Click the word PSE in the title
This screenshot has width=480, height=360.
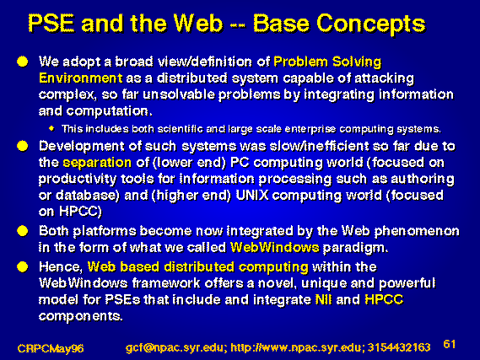point(51,24)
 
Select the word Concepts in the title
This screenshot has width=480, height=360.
point(371,25)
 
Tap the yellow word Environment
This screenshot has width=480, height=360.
point(81,78)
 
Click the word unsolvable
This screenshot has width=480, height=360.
point(179,94)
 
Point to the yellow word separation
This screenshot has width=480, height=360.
point(97,163)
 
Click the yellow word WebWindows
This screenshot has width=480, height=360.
point(275,247)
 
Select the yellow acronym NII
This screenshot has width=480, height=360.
point(324,299)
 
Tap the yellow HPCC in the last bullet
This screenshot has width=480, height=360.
point(384,299)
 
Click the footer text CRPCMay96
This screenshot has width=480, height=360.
point(51,348)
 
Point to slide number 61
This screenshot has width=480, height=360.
point(450,344)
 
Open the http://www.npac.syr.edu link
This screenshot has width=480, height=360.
point(297,347)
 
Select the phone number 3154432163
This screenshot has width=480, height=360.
point(399,347)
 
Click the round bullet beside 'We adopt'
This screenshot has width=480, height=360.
point(22,62)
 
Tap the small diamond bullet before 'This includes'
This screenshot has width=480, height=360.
point(51,128)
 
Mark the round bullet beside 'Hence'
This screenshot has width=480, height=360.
point(22,266)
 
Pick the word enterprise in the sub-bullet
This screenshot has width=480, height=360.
point(310,129)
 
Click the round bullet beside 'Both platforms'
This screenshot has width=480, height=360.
point(22,231)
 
